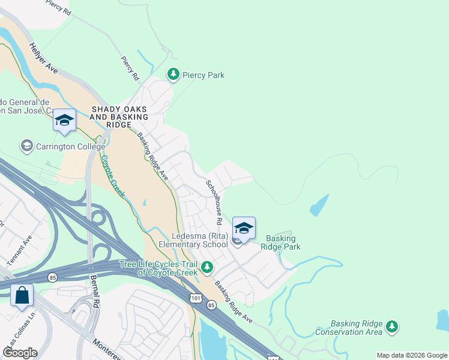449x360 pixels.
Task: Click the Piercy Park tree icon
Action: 173,74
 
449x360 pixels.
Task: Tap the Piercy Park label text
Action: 203,75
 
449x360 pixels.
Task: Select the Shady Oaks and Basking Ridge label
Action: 111,116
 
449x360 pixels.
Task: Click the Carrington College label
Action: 70,146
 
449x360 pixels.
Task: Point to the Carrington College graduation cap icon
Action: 26,146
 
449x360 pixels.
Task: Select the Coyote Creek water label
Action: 112,176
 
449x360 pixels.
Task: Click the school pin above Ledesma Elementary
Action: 244,229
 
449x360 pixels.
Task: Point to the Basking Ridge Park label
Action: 280,242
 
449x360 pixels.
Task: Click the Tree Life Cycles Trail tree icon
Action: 207,266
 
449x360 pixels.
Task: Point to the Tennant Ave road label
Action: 19,251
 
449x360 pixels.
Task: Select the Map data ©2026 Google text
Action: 411,355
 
